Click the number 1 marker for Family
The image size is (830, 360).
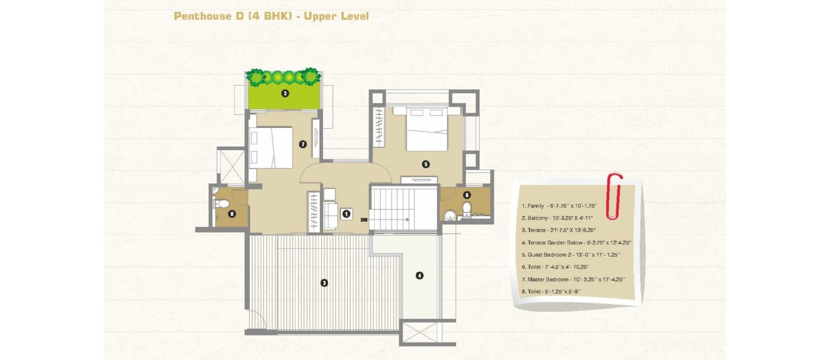(x=347, y=214)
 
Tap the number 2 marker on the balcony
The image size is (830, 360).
(x=285, y=93)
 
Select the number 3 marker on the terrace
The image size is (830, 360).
(x=324, y=283)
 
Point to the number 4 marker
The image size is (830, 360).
(x=420, y=275)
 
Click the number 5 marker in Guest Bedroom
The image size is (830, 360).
(x=426, y=164)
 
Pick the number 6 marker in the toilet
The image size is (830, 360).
(x=467, y=195)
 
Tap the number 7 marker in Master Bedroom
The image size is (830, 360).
(x=303, y=144)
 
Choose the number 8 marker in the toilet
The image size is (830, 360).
(x=232, y=214)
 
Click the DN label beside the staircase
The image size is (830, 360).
(x=364, y=219)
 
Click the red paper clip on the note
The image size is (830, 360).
(x=614, y=196)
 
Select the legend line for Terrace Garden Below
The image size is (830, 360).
(x=576, y=243)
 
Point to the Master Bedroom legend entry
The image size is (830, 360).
(x=573, y=279)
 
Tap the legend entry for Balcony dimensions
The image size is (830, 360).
(x=557, y=218)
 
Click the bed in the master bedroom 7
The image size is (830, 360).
(x=271, y=147)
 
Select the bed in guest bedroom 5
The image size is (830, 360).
(x=427, y=129)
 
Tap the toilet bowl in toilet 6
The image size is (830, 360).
(x=467, y=209)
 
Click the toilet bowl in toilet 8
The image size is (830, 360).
(x=222, y=203)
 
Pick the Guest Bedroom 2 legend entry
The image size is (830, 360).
(x=571, y=255)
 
